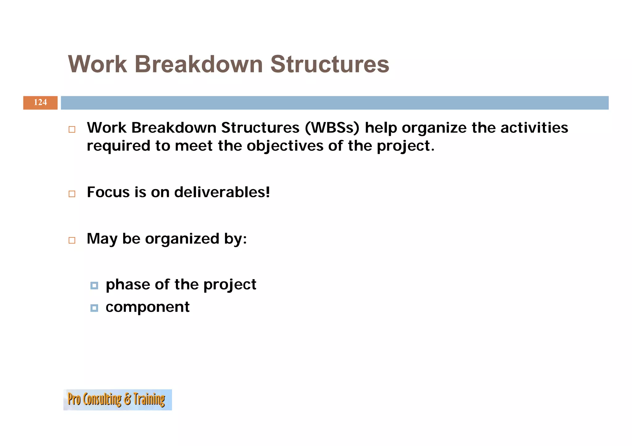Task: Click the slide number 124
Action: click(x=40, y=102)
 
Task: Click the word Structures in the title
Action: click(x=330, y=64)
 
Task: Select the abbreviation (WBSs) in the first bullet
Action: click(x=332, y=128)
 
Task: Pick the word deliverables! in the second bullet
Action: click(x=222, y=192)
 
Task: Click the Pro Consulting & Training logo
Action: click(x=117, y=399)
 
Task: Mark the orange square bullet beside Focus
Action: click(x=72, y=194)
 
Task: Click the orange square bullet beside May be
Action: click(x=72, y=240)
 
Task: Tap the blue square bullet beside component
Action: click(x=94, y=308)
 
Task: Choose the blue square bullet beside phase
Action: click(x=94, y=286)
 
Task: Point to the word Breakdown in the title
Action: click(x=198, y=64)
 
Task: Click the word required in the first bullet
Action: click(x=118, y=146)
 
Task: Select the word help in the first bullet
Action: click(x=380, y=128)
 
